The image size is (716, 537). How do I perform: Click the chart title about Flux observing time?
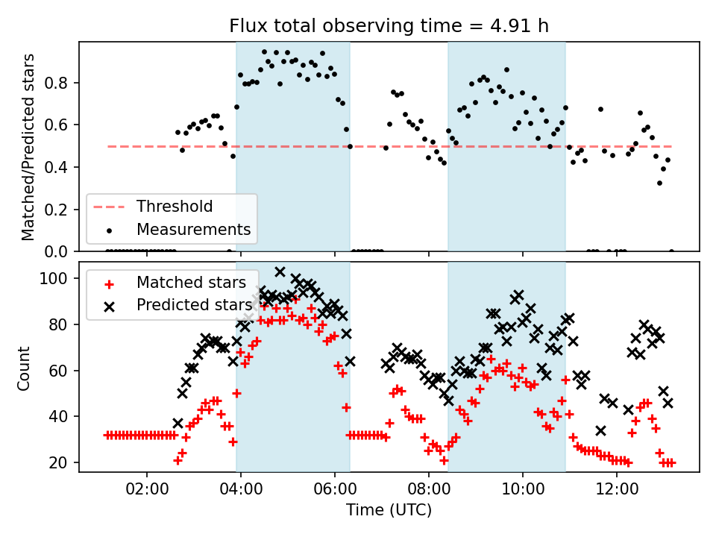[x=389, y=26]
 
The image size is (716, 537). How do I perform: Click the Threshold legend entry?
[x=174, y=207]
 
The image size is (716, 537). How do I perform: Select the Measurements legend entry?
[x=193, y=228]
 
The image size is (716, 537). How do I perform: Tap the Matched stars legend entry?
[x=191, y=283]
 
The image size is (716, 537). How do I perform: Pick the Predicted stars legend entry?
[x=194, y=305]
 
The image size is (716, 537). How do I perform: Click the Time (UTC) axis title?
[x=389, y=511]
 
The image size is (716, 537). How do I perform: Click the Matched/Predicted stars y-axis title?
[x=28, y=147]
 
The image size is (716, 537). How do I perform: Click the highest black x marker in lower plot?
[x=280, y=272]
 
